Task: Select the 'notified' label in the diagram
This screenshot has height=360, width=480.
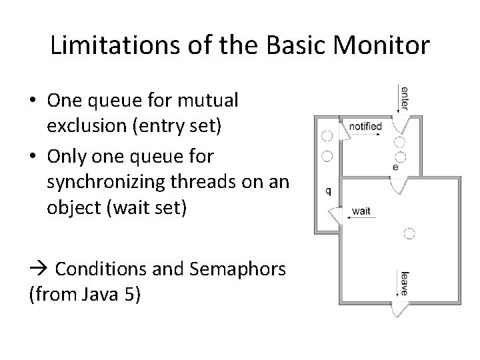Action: click(x=365, y=125)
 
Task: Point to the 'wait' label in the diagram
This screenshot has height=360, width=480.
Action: click(x=361, y=211)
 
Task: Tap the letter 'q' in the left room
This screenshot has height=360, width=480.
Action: click(x=328, y=189)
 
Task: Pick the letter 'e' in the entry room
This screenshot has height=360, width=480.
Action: click(x=395, y=167)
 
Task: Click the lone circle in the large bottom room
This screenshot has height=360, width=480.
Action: click(x=409, y=233)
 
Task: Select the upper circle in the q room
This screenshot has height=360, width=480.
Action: click(x=327, y=136)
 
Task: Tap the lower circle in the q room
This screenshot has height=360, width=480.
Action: click(x=327, y=157)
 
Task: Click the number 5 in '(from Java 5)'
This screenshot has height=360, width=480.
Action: click(x=127, y=294)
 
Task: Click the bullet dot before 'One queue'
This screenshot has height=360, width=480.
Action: click(x=33, y=101)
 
